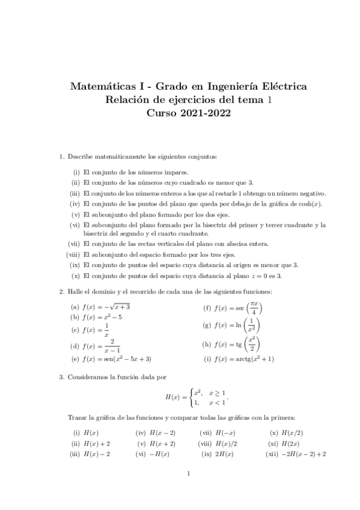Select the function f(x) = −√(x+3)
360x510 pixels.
click(x=107, y=307)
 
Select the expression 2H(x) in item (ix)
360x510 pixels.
click(x=225, y=454)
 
